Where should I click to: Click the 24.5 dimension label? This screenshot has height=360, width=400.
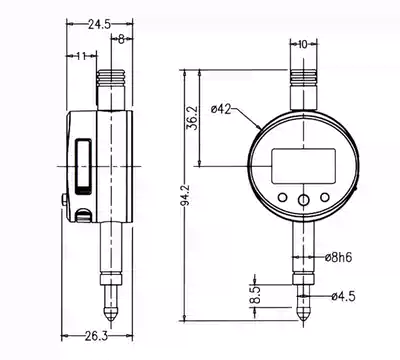pyautogui.click(x=99, y=24)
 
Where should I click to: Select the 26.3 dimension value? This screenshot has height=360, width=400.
pyautogui.click(x=96, y=336)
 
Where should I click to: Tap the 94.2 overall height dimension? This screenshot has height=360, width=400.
pyautogui.click(x=187, y=195)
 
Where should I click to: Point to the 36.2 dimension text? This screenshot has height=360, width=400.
pyautogui.click(x=193, y=118)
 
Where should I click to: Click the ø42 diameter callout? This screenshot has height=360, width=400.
pyautogui.click(x=221, y=109)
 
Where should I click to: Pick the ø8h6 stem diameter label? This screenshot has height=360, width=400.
pyautogui.click(x=338, y=257)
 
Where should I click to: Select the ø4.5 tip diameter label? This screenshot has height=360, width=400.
pyautogui.click(x=343, y=296)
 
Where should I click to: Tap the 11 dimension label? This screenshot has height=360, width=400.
pyautogui.click(x=81, y=56)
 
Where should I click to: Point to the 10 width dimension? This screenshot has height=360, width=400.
pyautogui.click(x=303, y=44)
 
